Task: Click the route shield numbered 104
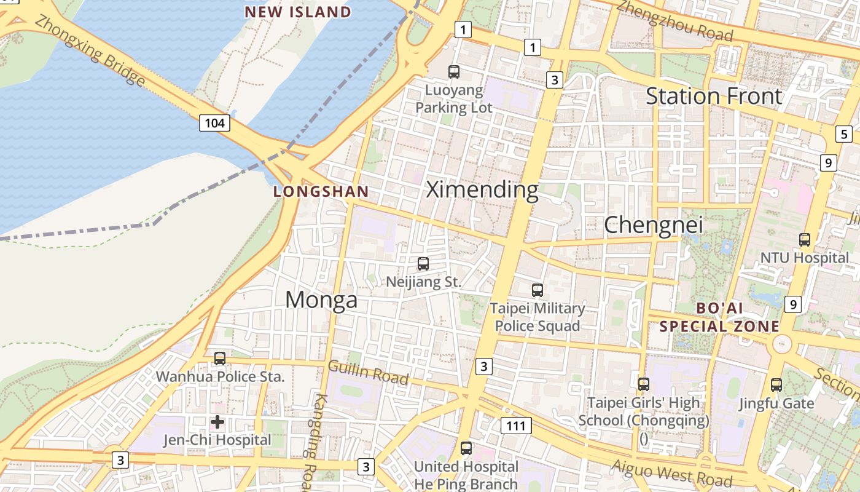tap(214, 123)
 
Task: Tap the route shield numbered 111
tap(516, 426)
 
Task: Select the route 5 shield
tap(844, 134)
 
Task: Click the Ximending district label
tap(482, 190)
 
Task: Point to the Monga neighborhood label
tap(321, 300)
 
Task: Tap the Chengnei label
tap(653, 224)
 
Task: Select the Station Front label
tap(714, 96)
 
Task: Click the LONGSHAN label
tap(321, 191)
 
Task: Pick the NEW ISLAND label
tap(298, 12)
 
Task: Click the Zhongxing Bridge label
tap(90, 50)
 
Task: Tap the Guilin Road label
tap(368, 372)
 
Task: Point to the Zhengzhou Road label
tap(674, 21)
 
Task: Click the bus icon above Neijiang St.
tap(423, 264)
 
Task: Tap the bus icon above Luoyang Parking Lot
tap(454, 72)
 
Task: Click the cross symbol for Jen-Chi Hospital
tap(217, 422)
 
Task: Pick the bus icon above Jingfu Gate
tap(776, 385)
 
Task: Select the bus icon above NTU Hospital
tap(805, 240)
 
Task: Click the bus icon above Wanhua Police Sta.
tap(219, 358)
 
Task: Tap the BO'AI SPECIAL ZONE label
tap(719, 317)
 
